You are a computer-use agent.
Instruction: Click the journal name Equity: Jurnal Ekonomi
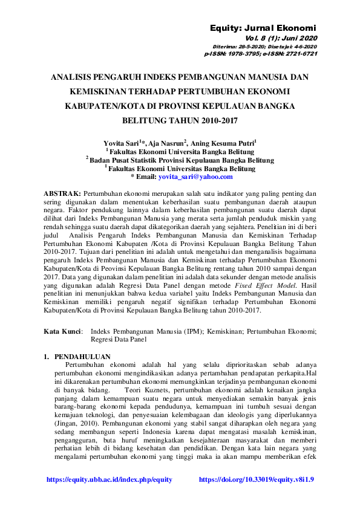pyautogui.click(x=263, y=28)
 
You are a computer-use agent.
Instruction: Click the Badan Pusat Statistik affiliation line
pyautogui.click(x=180, y=160)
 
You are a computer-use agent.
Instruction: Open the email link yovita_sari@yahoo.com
pyautogui.click(x=195, y=177)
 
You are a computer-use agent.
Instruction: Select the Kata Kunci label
pyautogui.click(x=64, y=331)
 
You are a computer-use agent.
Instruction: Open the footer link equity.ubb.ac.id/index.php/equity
pyautogui.click(x=110, y=479)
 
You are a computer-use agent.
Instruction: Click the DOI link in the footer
pyautogui.click(x=257, y=479)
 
